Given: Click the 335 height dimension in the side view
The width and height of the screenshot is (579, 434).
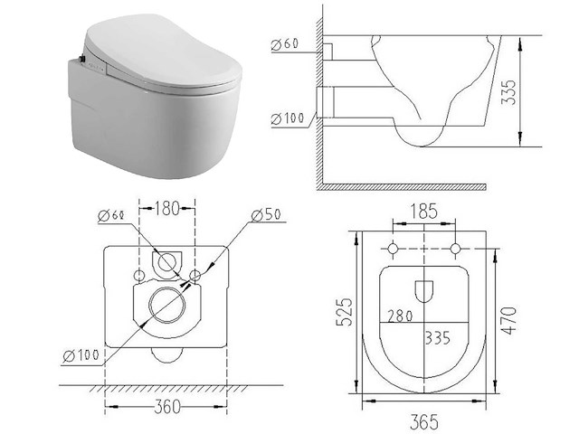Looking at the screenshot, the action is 509,92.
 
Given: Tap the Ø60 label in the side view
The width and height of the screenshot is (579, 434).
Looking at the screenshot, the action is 285,44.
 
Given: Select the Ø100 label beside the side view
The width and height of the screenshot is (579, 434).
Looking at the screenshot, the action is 288,118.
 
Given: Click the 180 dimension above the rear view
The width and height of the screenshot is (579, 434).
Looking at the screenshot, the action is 166,209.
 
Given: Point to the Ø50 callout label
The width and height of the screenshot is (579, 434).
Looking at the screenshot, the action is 267,215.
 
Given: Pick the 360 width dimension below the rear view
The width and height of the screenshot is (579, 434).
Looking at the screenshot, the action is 167,407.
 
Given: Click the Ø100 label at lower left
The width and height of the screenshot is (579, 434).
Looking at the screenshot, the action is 81,355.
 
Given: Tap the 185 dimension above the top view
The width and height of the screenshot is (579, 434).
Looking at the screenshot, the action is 424,212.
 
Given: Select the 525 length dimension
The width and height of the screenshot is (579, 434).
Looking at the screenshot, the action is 344,311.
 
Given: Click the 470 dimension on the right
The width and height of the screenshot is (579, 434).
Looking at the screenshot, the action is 509,320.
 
